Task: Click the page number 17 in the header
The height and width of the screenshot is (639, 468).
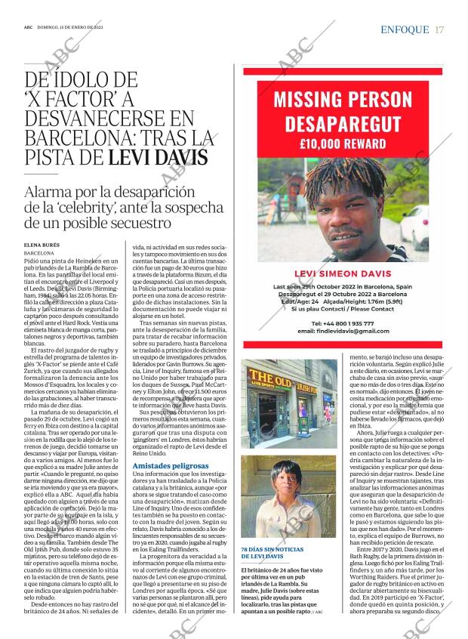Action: click(439, 29)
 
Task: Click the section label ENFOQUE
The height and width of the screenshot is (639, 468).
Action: click(405, 29)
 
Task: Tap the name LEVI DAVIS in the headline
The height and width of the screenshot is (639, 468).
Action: click(157, 157)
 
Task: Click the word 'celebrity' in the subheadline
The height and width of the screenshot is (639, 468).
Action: click(89, 208)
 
